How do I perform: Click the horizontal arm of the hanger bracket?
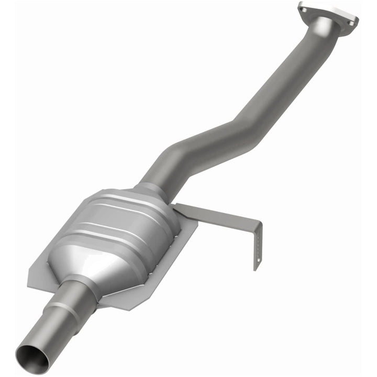[x=220, y=215]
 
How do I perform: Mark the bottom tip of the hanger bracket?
[x=256, y=268]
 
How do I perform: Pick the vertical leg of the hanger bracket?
[x=257, y=246]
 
